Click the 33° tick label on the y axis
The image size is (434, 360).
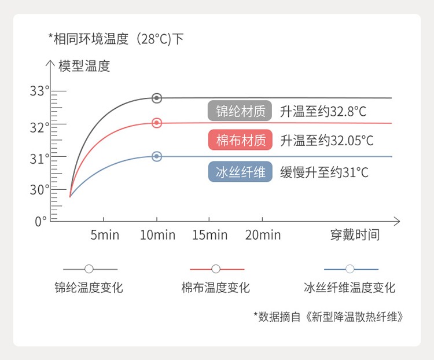coord(39,91)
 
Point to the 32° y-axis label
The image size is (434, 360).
coord(39,128)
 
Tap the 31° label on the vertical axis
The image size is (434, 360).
coord(39,159)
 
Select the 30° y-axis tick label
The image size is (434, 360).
coord(39,190)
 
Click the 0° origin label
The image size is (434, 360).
coord(41,222)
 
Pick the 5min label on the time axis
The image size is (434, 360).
coord(105,235)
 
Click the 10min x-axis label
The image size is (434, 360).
coord(158,235)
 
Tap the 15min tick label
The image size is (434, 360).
coord(210,235)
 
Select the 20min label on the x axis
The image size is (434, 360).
coord(263,235)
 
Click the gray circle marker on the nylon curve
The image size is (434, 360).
coord(157,98)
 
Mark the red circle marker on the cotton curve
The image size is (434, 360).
coord(157,123)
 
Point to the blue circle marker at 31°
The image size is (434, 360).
coord(157,156)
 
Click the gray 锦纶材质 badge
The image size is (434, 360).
coord(240,111)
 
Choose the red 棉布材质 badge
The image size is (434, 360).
coord(240,140)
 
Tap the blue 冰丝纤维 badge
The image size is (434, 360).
coord(240,172)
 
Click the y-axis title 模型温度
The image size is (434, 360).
coord(84,66)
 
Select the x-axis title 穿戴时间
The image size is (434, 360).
coord(355,235)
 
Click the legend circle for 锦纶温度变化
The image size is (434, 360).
coord(89,269)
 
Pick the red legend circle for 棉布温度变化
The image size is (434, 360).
coord(216,269)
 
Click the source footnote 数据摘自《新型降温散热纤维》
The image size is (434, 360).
coord(328,317)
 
